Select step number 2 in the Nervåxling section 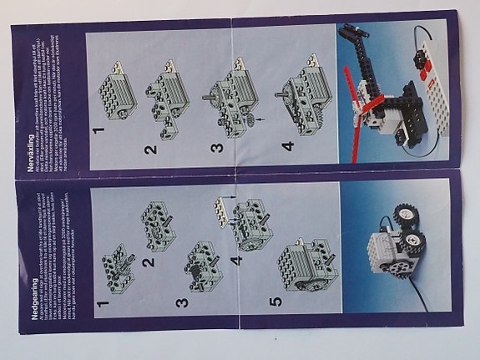point(150,150)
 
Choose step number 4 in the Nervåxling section point(288,149)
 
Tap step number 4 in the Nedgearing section point(235,261)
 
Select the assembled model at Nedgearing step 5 point(306,265)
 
